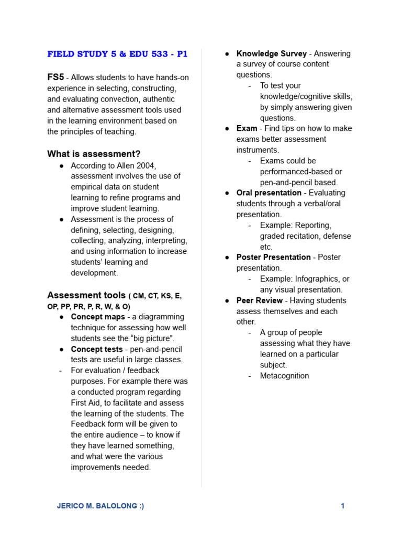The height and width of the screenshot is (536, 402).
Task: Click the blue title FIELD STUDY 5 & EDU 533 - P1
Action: click(117, 54)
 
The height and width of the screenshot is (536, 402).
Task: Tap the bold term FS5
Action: click(55, 77)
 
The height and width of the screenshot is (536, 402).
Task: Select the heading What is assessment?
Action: click(94, 154)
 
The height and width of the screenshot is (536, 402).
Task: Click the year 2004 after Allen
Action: click(146, 165)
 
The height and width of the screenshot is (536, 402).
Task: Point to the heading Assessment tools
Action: click(86, 295)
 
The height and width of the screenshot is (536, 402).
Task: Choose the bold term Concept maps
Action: click(98, 317)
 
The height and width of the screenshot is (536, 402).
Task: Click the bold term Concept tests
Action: click(97, 349)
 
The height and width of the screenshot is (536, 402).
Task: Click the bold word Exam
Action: click(247, 128)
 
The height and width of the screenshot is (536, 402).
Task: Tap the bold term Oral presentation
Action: click(269, 193)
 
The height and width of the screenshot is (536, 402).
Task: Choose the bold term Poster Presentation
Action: click(273, 257)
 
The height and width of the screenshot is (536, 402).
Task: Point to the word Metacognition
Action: click(284, 376)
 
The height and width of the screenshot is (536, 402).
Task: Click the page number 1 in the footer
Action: click(342, 506)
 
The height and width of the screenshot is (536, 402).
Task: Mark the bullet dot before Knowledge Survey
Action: click(227, 54)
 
